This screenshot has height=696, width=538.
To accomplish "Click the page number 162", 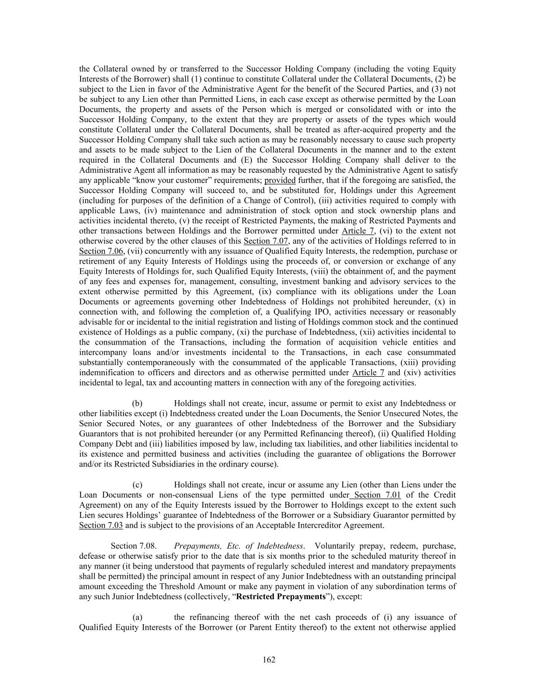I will [x=269, y=660].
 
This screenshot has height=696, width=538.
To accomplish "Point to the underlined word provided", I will [x=280, y=180].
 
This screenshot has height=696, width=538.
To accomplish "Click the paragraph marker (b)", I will [x=137, y=403].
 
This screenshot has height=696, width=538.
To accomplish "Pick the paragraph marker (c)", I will [x=137, y=484].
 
